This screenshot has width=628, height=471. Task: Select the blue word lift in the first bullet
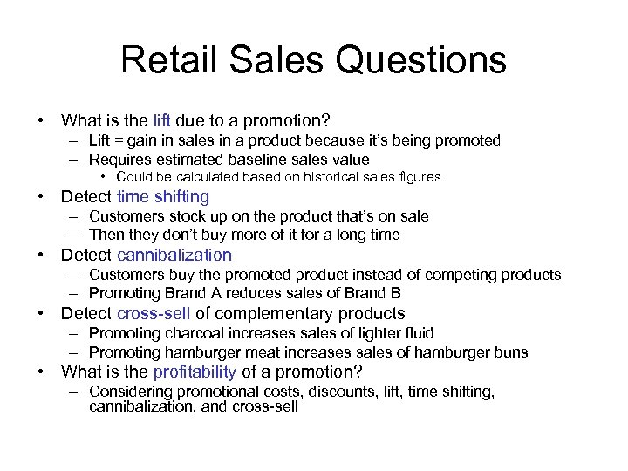pyautogui.click(x=162, y=119)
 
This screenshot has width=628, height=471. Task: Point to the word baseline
pyautogui.click(x=257, y=160)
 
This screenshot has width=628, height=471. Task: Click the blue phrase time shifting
pyautogui.click(x=162, y=197)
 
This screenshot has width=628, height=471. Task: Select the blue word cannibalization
pyautogui.click(x=174, y=255)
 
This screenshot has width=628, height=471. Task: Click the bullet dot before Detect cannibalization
pyautogui.click(x=40, y=256)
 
